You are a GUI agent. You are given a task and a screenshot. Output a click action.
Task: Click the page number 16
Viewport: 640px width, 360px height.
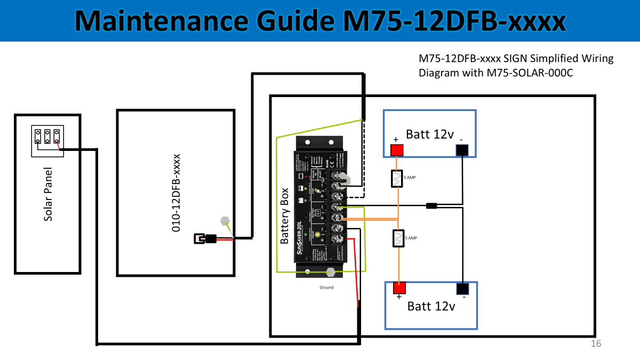[596, 344]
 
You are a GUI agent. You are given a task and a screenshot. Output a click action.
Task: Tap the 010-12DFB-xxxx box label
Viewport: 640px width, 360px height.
[176, 193]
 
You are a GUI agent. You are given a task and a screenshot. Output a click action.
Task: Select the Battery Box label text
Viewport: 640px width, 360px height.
[285, 215]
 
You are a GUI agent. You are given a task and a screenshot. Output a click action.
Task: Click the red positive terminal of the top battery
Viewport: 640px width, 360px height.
[396, 150]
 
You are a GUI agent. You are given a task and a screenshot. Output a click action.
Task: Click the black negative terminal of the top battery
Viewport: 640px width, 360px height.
[462, 150]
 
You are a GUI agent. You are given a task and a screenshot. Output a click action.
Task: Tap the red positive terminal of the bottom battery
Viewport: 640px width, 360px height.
[399, 288]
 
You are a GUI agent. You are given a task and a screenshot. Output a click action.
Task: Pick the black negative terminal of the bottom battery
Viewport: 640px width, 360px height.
[462, 289]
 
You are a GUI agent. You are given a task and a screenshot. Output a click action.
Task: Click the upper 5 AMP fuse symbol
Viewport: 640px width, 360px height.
[396, 179]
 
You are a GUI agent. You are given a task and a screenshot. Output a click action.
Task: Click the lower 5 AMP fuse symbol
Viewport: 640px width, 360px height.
[397, 238]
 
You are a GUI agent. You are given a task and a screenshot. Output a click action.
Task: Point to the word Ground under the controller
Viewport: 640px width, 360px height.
[326, 287]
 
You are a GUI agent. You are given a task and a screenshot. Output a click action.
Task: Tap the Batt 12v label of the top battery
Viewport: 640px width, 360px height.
[429, 134]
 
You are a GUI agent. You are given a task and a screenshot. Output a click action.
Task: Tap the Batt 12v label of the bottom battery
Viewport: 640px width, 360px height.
[431, 306]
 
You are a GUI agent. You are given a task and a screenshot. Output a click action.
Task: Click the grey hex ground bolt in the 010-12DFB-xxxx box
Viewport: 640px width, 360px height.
[225, 220]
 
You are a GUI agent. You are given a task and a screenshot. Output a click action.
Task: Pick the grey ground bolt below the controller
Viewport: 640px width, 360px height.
[330, 271]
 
